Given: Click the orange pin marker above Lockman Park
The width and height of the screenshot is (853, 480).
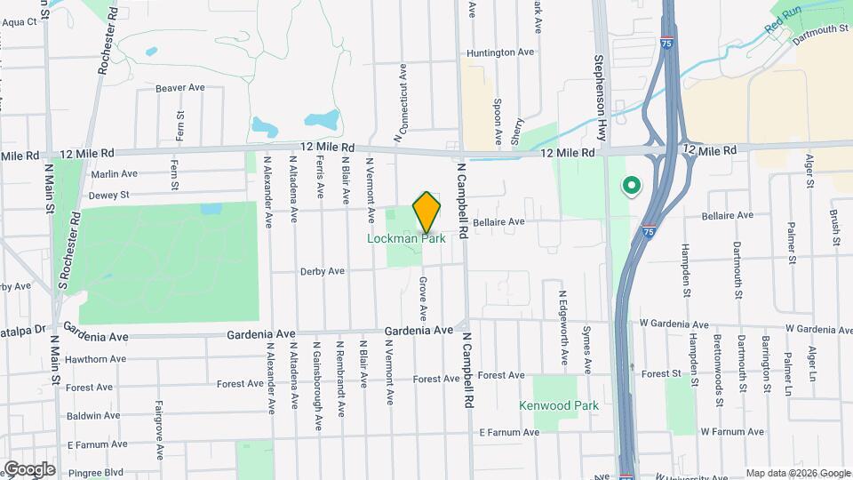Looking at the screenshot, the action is pos(427,212).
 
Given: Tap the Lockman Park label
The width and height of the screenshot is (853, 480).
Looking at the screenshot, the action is pos(408,238).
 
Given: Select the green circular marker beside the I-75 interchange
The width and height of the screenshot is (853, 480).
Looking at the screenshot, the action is pos(631,186).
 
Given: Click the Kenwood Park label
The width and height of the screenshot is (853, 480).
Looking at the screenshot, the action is pos(559,405).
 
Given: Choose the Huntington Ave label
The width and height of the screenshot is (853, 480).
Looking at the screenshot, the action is pos(500,52).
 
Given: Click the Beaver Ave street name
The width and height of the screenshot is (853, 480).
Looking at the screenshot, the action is pos(179,87).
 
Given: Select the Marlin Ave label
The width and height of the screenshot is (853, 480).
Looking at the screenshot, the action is pos(114,174).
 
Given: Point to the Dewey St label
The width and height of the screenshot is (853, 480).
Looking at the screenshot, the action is pos(108,195).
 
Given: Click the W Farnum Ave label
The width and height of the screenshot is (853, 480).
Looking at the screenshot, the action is pos(731,432).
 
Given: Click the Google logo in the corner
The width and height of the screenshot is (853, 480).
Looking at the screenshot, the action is pos(29,468).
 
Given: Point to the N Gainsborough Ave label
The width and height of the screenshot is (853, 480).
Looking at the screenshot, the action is pos(315,377).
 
